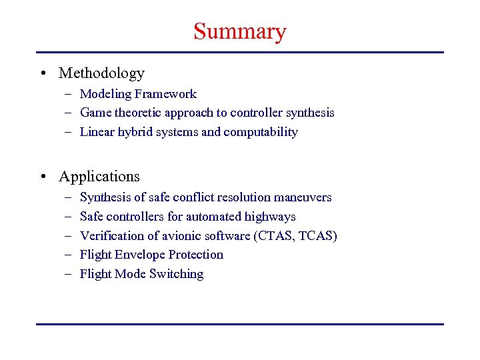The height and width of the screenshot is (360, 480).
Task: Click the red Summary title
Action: coord(239,31)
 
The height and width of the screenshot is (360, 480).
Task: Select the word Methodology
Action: coord(101,73)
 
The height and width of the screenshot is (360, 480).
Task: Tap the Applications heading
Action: coord(99,177)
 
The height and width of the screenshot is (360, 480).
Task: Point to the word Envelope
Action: coord(141,255)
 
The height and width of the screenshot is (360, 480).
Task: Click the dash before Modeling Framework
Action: coord(69,94)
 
